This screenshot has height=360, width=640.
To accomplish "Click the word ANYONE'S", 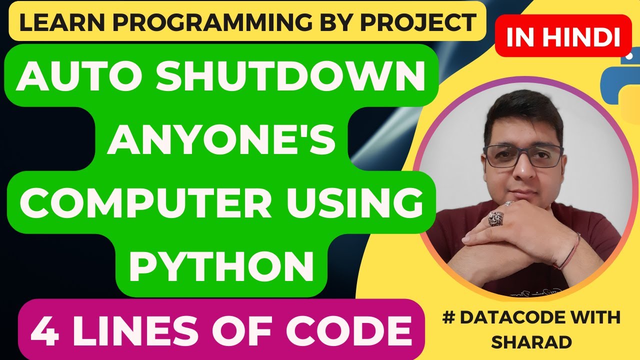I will coord(221,141).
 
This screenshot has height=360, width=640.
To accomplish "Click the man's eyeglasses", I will coord(524,155).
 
